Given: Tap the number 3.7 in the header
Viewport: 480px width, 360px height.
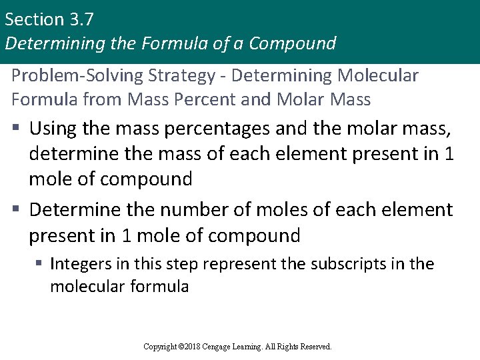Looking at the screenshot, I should click(79, 19).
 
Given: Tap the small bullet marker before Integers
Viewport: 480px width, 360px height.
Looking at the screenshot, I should click(40, 264).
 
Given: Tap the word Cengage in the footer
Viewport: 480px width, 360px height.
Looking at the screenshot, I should click(228, 347).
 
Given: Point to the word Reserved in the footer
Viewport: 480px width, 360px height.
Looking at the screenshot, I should click(315, 347).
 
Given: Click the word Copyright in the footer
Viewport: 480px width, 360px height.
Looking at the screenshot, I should click(161, 347).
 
